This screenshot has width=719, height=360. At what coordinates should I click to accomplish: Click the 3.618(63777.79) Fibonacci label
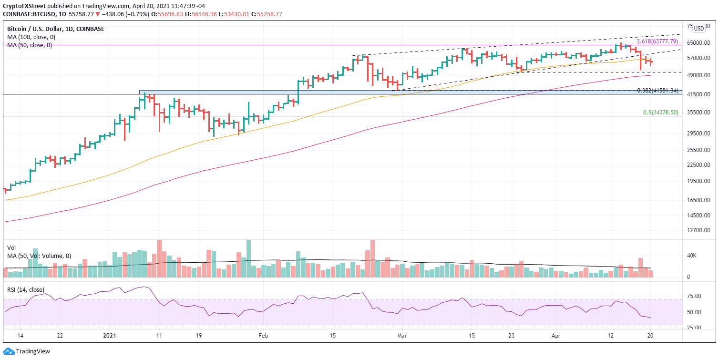[x=657, y=41]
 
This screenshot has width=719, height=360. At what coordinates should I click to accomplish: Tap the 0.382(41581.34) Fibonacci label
[x=657, y=90]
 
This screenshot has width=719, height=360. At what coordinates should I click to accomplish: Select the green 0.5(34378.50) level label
[x=661, y=113]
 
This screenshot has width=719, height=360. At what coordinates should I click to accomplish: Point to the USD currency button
[x=699, y=29]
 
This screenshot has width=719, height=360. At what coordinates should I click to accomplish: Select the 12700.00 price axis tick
[x=699, y=230]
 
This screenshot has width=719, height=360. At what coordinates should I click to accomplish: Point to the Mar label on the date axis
[x=402, y=335]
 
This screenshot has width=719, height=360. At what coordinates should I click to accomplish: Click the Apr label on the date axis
[x=555, y=335]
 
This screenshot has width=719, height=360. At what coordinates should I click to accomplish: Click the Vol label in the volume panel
[x=11, y=248]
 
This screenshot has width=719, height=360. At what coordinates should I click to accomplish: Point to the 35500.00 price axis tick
[x=699, y=113]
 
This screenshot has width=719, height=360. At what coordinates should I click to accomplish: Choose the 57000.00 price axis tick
[x=699, y=58]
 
